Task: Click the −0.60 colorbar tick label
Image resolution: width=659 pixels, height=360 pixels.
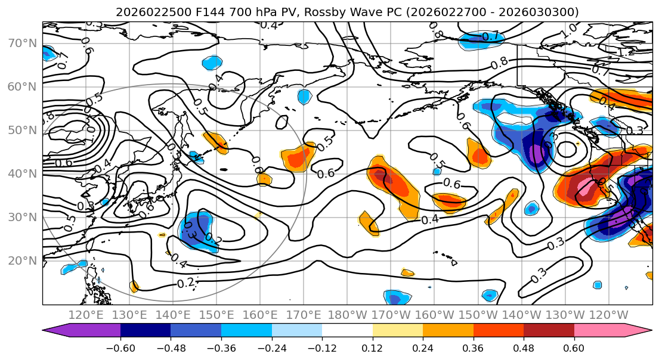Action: tap(120, 347)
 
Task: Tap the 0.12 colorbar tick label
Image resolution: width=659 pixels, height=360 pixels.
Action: tap(373, 347)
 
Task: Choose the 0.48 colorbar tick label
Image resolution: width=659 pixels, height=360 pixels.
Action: tap(524, 347)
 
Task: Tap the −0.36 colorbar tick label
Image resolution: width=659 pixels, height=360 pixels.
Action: tap(221, 347)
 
